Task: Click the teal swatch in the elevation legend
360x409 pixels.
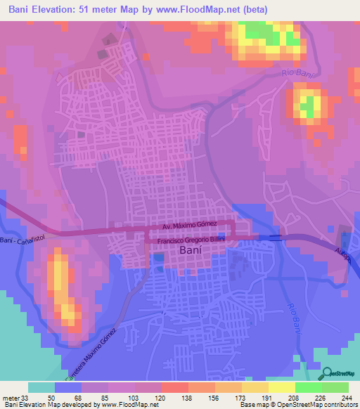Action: click(41, 387)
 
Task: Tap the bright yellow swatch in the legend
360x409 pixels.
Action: click(281, 387)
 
